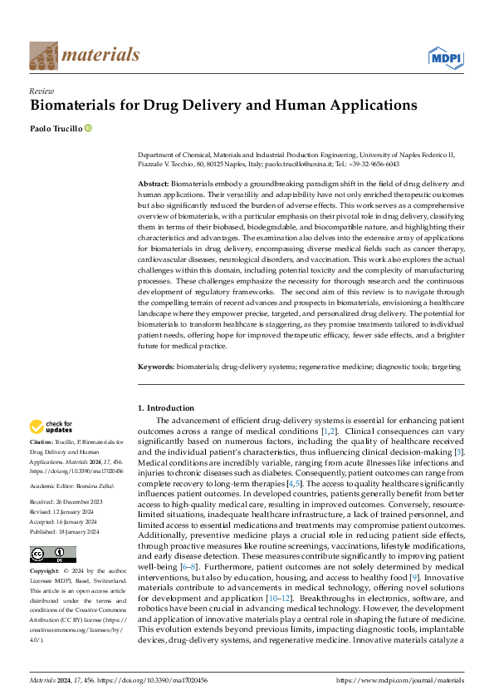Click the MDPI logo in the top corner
point(446,56)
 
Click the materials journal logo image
point(43,56)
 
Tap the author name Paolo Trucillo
point(55,129)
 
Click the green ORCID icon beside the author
point(88,129)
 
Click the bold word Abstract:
point(154,182)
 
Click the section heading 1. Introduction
point(165,407)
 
